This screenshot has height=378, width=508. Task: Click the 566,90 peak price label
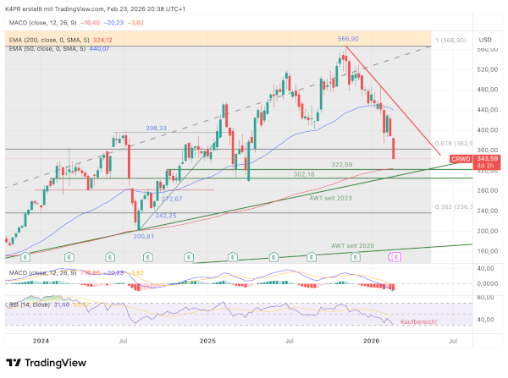pyautogui.click(x=348, y=39)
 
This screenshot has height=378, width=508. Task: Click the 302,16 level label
pyautogui.click(x=304, y=174)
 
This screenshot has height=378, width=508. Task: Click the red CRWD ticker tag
pyautogui.click(x=461, y=158)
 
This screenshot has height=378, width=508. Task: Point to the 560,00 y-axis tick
pyautogui.click(x=485, y=50)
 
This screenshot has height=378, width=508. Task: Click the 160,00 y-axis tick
pyautogui.click(x=485, y=251)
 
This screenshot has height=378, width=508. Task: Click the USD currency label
pyautogui.click(x=485, y=39)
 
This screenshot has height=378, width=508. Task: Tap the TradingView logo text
pyautogui.click(x=57, y=363)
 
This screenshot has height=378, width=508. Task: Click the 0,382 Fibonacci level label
pyautogui.click(x=455, y=207)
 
